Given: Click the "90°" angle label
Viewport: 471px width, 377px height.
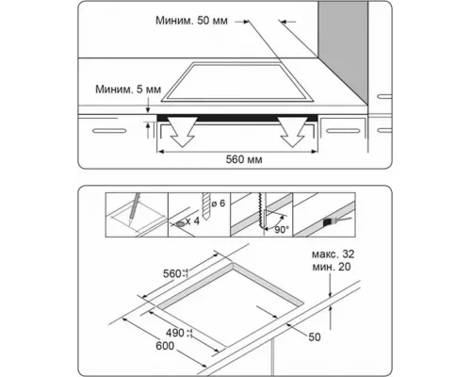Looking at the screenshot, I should point(282,228).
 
